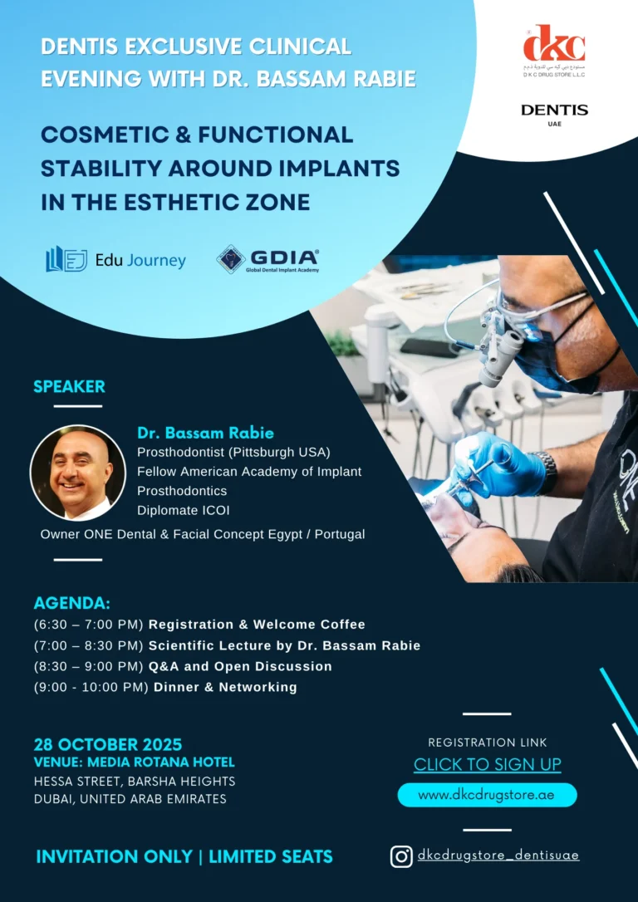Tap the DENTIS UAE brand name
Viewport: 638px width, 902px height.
pos(554,110)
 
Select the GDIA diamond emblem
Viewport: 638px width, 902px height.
pos(230,259)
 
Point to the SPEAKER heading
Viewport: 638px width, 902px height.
pos(69,386)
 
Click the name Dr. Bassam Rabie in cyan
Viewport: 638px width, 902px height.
pos(205,433)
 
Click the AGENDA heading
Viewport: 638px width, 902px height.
pos(71,603)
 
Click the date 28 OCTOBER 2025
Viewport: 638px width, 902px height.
pos(108,744)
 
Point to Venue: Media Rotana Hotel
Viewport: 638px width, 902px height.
pos(135,762)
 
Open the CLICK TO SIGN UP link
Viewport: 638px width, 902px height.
pos(488,764)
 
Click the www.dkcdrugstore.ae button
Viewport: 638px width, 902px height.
pos(487,795)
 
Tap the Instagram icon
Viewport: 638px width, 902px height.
pos(401,855)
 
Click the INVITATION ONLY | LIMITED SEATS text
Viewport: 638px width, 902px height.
pos(184,856)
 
